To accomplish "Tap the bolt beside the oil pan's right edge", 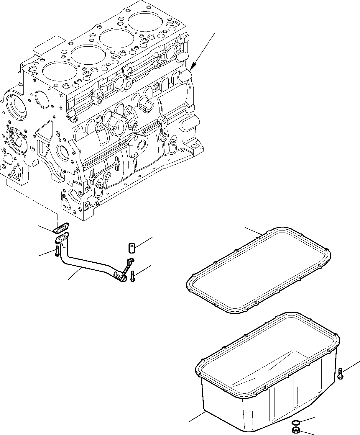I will coord(340,373).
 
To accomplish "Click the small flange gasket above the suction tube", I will coord(61,227).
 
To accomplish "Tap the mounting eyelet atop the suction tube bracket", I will coord(131,260).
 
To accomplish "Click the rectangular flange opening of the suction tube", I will coord(63,237).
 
